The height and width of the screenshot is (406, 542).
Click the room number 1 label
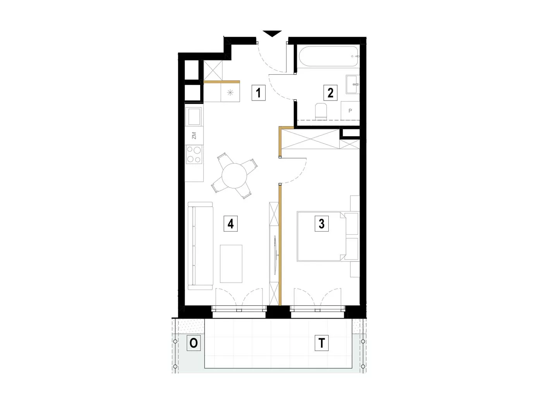[258, 93]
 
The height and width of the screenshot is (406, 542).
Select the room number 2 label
[330, 93]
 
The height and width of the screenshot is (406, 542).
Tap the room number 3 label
[321, 223]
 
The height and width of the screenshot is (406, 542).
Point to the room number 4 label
[231, 223]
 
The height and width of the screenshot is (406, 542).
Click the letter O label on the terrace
[194, 343]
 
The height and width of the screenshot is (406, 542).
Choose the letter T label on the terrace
[321, 343]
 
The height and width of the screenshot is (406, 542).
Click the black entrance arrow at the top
[272, 34]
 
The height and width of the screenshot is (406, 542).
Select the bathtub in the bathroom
[329, 56]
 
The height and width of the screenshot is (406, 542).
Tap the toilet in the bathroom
[321, 111]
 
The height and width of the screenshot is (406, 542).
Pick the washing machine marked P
[350, 111]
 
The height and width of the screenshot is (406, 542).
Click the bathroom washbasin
[353, 84]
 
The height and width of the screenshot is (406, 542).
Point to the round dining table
[234, 176]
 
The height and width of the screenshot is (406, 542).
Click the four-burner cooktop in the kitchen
[194, 154]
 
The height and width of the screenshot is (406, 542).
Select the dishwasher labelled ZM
[194, 136]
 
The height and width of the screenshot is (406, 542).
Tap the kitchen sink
[195, 116]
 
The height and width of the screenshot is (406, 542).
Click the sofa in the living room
[200, 246]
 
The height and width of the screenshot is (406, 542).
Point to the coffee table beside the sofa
[231, 264]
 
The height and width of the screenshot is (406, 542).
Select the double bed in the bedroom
[328, 236]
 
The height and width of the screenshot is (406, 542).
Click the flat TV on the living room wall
[276, 255]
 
